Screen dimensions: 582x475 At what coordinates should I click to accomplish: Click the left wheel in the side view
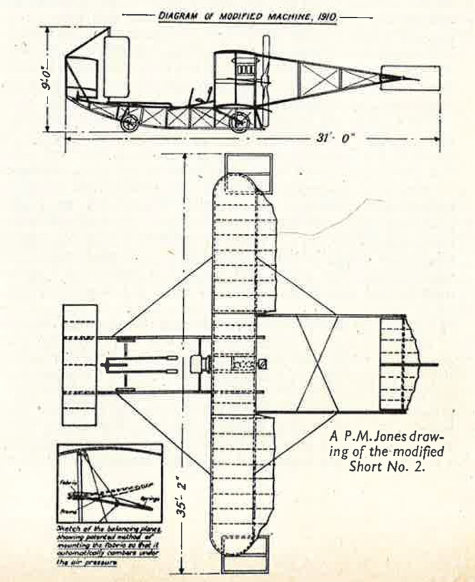[x=131, y=123]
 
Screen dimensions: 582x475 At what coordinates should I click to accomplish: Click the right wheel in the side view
[x=239, y=123]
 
